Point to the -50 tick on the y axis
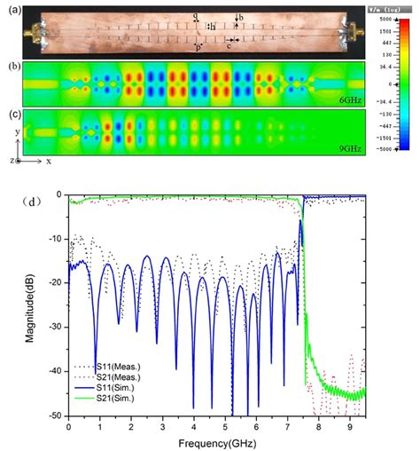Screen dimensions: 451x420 (58, 415)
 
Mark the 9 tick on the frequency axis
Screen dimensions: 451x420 (349, 426)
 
